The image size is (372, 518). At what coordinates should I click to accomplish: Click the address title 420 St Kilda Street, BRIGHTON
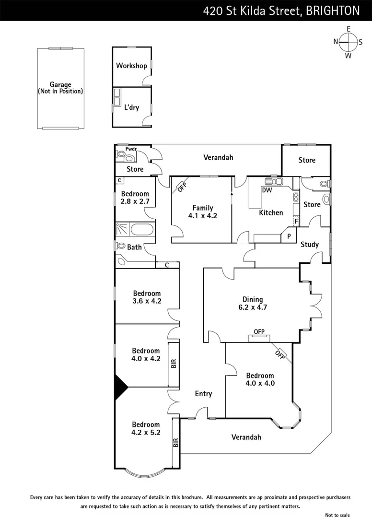281,10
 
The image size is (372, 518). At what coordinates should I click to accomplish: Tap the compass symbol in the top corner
349,42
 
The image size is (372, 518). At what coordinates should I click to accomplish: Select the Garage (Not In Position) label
60,88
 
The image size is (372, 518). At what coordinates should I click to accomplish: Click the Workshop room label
131,66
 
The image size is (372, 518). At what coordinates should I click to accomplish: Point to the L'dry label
132,107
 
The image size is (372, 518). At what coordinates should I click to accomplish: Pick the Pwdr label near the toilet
131,149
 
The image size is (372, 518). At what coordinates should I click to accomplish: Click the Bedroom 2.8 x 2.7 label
134,198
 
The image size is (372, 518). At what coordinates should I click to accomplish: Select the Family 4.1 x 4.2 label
203,212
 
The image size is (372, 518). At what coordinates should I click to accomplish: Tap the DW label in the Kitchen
267,190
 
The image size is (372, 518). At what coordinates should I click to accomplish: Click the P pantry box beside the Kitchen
289,236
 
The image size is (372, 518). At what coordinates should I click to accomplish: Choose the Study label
310,245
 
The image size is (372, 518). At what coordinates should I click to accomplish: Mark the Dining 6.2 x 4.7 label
252,304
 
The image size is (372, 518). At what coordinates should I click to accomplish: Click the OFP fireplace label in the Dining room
259,331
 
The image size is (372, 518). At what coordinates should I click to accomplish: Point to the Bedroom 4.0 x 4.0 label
260,379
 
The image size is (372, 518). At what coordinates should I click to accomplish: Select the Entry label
203,394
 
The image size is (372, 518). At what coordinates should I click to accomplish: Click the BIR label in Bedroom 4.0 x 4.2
174,365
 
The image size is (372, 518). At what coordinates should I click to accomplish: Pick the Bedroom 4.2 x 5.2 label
146,428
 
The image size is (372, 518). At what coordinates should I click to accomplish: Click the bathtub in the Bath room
142,230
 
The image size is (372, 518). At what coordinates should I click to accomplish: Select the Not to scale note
337,515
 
